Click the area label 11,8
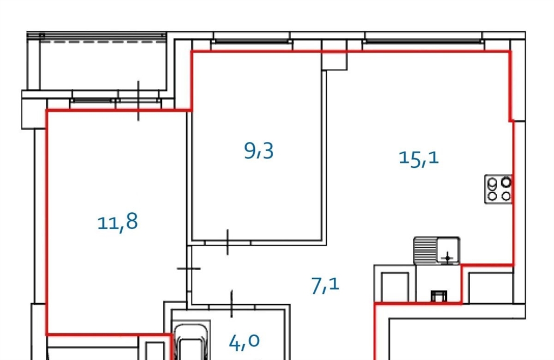click(x=117, y=222)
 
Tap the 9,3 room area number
click(x=259, y=151)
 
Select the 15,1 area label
click(x=419, y=158)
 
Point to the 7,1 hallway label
click(x=325, y=286)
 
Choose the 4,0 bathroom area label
click(x=244, y=342)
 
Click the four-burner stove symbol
click(x=498, y=189)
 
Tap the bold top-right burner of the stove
click(x=506, y=182)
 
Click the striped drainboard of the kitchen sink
click(x=425, y=251)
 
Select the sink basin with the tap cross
click(x=448, y=250)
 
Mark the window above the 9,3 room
click(x=252, y=41)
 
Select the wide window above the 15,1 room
click(x=423, y=41)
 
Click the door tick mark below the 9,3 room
click(x=228, y=242)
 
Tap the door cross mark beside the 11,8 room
click(x=189, y=269)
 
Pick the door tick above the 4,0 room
click(x=232, y=303)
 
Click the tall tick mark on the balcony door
click(x=138, y=101)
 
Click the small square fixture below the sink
click(x=439, y=296)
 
